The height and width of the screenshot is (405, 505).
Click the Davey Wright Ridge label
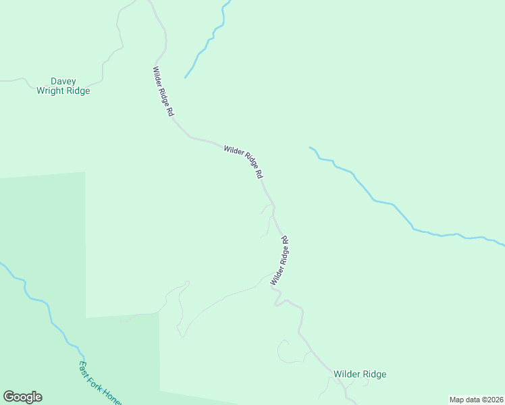(x=63, y=86)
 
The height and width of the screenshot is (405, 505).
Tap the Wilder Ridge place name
(x=360, y=374)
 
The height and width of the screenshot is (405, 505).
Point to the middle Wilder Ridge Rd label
(x=243, y=161)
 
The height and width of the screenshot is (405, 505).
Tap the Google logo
(x=22, y=397)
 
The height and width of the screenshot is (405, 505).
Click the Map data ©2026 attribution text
(x=476, y=399)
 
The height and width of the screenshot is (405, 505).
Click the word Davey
(x=63, y=81)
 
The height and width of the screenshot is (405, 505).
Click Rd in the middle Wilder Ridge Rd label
(x=259, y=173)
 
